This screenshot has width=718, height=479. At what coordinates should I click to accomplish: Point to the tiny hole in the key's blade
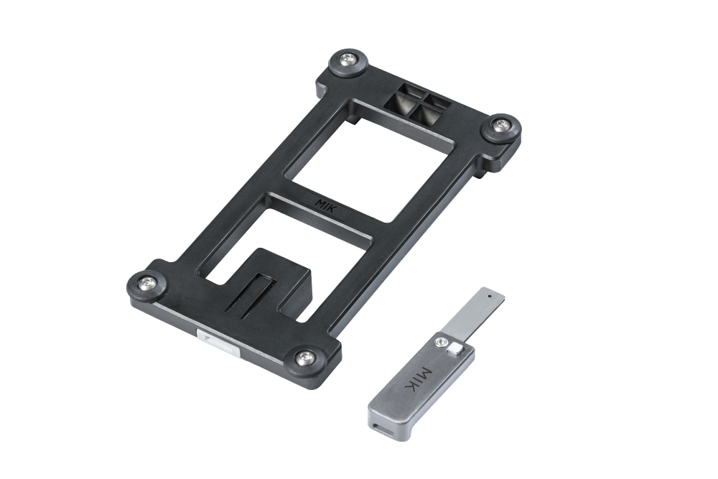490,297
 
